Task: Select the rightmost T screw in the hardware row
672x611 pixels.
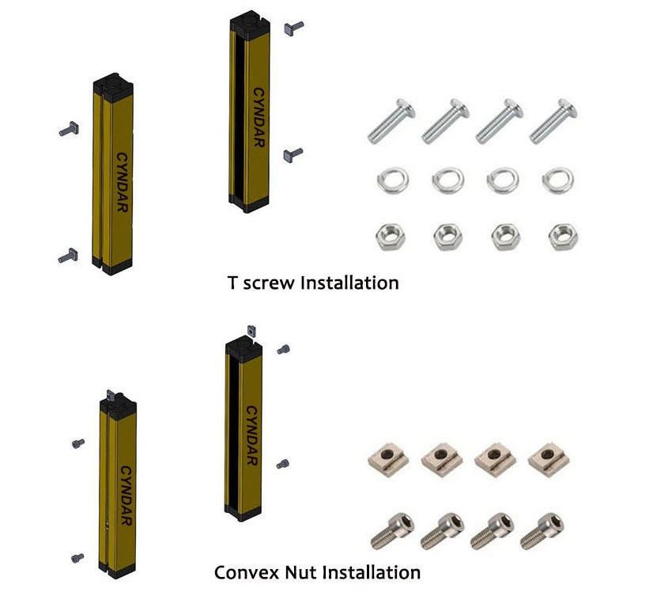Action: [553, 120]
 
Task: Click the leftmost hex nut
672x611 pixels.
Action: [391, 236]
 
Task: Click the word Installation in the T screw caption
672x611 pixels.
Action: [350, 283]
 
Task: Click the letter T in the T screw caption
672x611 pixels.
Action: [232, 283]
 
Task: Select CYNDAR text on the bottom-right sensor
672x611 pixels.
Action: [251, 435]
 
